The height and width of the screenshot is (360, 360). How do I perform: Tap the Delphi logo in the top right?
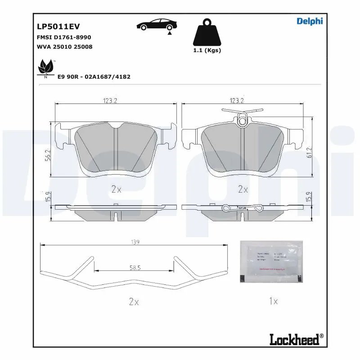click(310, 21)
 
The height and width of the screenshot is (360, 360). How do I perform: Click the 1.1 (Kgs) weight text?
click(207, 50)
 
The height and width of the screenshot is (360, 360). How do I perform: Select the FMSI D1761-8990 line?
click(63, 37)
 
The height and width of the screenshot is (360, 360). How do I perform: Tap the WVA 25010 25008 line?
click(64, 46)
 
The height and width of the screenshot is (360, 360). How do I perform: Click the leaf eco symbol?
click(45, 68)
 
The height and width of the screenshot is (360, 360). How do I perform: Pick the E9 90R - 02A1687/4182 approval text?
click(94, 76)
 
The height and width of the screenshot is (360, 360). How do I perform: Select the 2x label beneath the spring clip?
click(133, 302)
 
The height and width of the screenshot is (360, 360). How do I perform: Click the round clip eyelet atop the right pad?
click(243, 120)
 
